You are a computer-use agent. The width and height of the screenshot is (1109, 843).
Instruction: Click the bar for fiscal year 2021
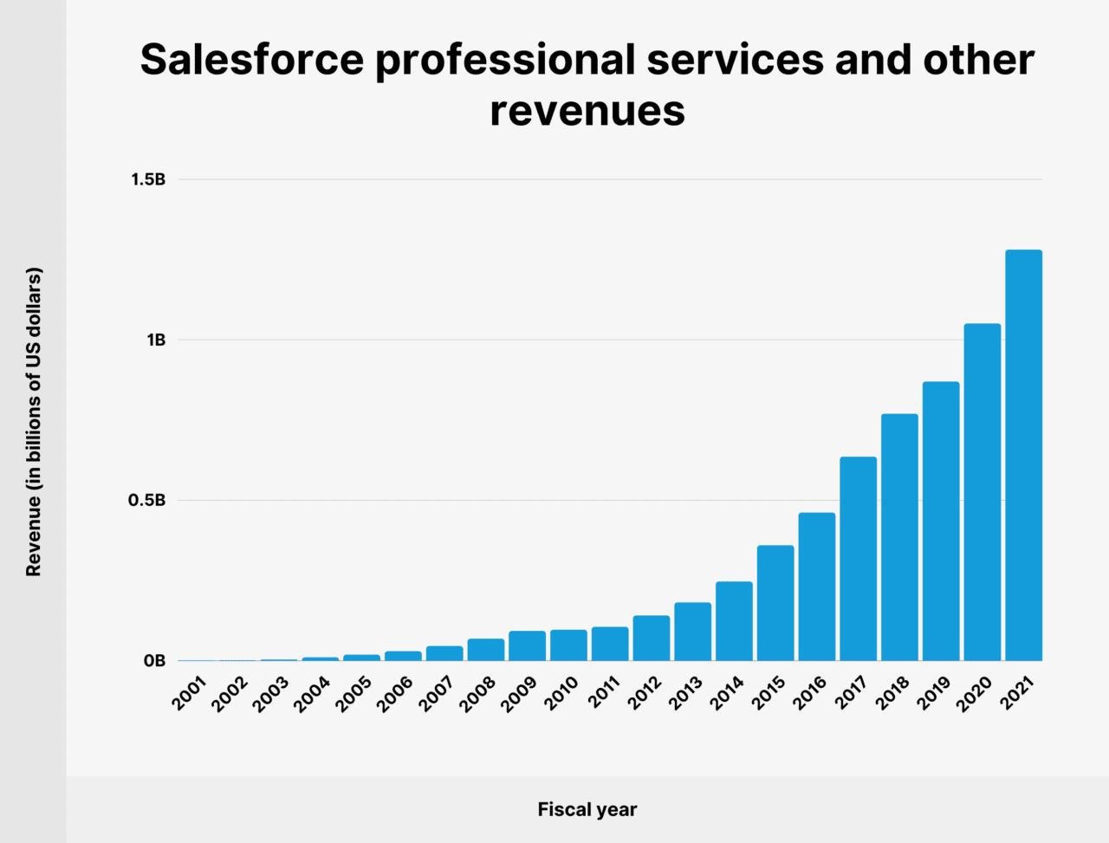point(1023,455)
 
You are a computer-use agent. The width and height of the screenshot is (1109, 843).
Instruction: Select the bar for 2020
point(982,492)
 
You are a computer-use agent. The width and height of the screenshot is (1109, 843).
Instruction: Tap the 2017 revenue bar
point(858,559)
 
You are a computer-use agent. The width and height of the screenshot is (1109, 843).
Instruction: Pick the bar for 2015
point(775,603)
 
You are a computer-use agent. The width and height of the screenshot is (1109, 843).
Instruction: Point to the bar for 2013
point(692,632)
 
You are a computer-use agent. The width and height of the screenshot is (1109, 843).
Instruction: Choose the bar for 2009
point(527,645)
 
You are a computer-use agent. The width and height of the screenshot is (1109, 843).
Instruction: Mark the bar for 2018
point(899,537)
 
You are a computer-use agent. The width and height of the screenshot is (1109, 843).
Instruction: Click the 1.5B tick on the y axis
point(147,179)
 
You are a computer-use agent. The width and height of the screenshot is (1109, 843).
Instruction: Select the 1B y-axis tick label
point(155,340)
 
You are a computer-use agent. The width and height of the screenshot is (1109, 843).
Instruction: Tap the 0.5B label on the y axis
point(146,500)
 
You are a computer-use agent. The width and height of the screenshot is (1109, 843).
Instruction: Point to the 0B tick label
point(154,661)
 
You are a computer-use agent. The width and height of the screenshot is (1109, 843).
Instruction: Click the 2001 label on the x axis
point(189,694)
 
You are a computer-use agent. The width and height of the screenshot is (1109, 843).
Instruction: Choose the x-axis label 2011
point(603,694)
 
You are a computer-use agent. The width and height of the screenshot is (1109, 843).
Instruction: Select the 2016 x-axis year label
point(810,694)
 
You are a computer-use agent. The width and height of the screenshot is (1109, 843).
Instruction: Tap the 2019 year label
point(934,694)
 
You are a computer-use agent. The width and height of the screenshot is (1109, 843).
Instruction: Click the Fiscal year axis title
point(587,809)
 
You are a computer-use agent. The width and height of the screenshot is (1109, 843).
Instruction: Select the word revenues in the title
point(587,111)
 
